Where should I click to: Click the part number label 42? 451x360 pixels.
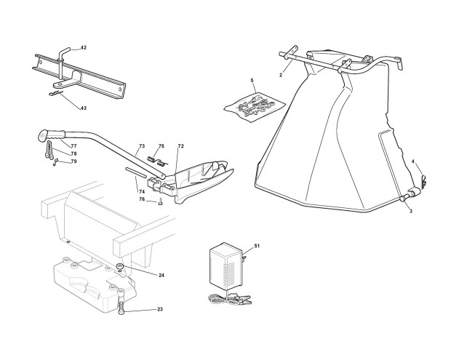click(x=84, y=48)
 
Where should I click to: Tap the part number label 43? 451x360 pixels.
click(x=84, y=108)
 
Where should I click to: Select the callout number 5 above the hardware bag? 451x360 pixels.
click(x=252, y=79)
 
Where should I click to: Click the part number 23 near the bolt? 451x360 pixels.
click(x=159, y=310)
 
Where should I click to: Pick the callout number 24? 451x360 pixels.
click(x=161, y=275)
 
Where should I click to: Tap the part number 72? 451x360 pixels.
click(x=181, y=146)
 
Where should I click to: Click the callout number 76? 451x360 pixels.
click(x=142, y=199)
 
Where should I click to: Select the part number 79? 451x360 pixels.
click(x=73, y=161)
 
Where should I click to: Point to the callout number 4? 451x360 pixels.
click(x=412, y=161)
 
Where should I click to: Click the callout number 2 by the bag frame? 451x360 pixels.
click(x=281, y=75)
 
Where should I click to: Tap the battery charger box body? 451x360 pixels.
click(x=226, y=265)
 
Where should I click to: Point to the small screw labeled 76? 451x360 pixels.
click(x=158, y=203)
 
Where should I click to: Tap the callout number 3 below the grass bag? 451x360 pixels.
click(x=411, y=210)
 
